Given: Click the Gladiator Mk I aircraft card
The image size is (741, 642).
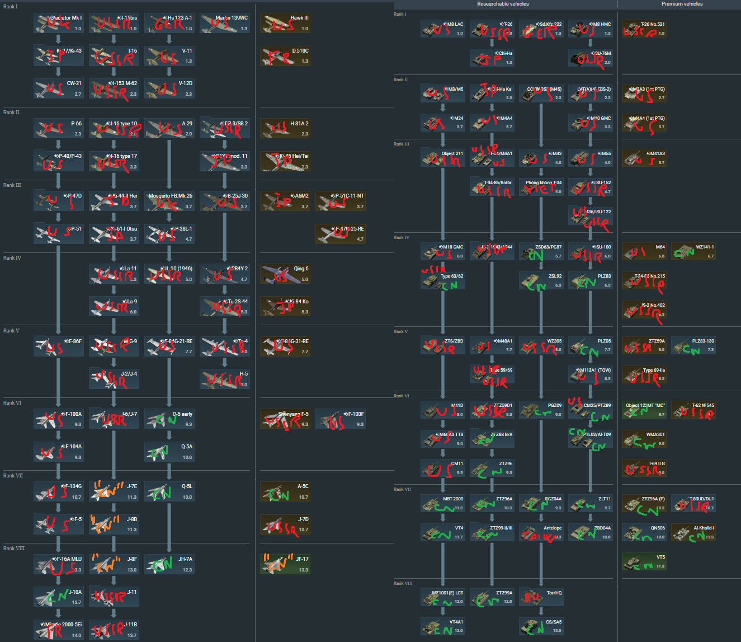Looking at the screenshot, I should pos(58,23).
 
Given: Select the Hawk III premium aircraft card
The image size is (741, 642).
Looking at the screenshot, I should pos(285,23).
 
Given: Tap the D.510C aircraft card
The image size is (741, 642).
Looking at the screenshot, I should pos(285,56).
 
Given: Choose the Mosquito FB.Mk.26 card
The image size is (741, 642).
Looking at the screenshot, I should pos(169,201).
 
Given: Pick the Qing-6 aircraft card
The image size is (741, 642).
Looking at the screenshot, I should pos(285,274).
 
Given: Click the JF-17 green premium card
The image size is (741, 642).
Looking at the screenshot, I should pos(285,564).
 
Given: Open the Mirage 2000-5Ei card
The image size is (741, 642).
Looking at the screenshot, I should pos(58,630).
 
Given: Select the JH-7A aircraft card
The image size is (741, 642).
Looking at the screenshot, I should pos(169,564).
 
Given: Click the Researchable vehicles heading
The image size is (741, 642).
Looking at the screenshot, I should pos(503,4).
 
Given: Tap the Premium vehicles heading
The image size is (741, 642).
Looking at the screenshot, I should pos(682,4).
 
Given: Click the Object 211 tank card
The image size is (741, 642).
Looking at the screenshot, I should pos(442,158).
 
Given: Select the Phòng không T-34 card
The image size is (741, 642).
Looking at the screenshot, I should pos(541,187).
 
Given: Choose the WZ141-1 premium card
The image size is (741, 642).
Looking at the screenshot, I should pos(693,251).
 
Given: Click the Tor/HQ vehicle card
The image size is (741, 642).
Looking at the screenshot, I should pos(541,597).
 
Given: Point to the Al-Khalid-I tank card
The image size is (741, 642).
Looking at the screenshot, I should pos(693,532).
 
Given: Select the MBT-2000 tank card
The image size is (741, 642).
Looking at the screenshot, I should pos(442,503).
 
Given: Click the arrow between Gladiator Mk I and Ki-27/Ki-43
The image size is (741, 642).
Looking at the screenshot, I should pos(58,39).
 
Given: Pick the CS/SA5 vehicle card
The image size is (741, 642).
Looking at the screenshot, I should pos(541,626).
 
